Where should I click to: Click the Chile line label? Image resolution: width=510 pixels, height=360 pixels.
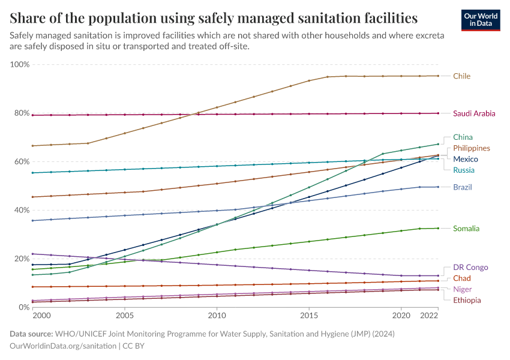coord(461,76)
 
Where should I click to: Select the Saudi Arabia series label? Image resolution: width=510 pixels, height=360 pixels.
coord(474,113)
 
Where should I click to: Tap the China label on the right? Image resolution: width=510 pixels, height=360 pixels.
coord(463,137)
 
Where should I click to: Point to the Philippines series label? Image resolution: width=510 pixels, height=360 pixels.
coord(472,148)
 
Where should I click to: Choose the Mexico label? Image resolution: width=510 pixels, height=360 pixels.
coord(466,159)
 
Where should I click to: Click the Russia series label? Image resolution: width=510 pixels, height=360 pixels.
coord(464,170)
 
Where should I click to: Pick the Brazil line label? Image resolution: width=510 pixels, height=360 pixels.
coord(463,187)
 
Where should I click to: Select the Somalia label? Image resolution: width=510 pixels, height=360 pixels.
coord(466,229)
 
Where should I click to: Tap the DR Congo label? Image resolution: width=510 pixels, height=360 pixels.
coord(470,268)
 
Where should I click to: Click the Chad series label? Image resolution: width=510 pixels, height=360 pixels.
coord(462,278)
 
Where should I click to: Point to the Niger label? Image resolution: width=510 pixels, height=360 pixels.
coord(463,289)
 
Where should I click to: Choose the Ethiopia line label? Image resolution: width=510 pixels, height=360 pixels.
coord(467,300)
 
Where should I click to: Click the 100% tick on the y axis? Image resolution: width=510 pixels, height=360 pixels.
coord(20,64)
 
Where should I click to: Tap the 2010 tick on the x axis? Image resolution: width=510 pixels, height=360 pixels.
coord(217,315)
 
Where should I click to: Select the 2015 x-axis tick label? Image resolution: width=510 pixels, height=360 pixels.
coord(309,315)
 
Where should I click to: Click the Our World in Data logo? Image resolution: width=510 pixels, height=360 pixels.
coord(481,19)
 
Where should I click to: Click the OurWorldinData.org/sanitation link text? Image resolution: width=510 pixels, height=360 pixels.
coord(64,346)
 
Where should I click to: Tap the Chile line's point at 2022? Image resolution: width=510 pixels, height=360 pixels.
coord(438,76)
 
